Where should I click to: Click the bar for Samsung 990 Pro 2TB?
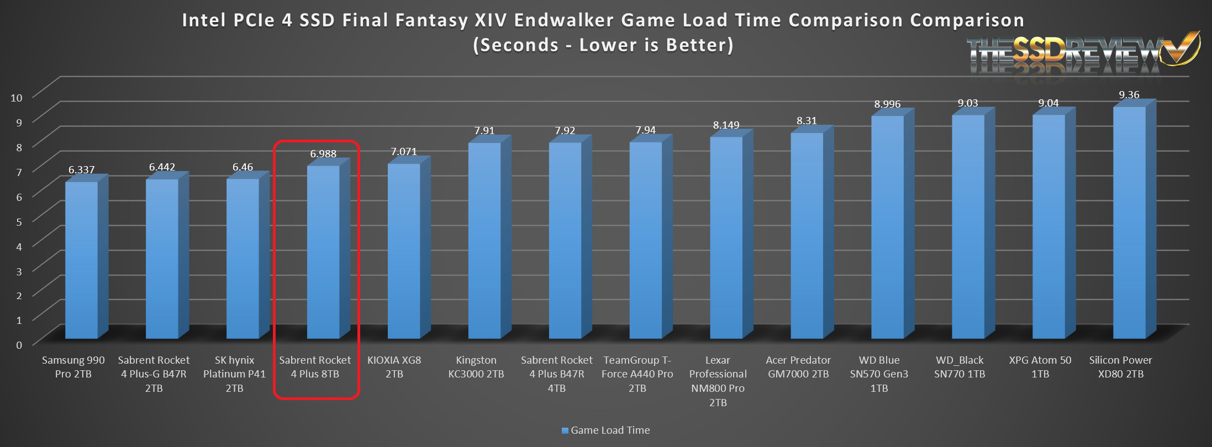click(x=81, y=259)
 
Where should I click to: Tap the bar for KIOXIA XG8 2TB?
click(x=404, y=251)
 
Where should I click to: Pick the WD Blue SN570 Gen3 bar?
click(x=887, y=226)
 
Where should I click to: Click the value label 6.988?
click(x=323, y=154)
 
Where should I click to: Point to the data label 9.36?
click(x=1129, y=95)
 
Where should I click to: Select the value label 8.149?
click(x=726, y=125)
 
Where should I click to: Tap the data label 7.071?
click(x=404, y=152)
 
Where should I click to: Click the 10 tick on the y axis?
click(x=17, y=98)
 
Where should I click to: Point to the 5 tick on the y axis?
click(x=19, y=221)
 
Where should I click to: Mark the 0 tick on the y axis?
click(x=19, y=345)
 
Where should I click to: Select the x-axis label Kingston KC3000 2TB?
click(x=476, y=367)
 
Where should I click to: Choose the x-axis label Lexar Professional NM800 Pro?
click(x=718, y=381)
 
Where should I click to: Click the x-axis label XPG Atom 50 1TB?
click(x=1040, y=367)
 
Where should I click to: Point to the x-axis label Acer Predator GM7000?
click(x=798, y=367)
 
